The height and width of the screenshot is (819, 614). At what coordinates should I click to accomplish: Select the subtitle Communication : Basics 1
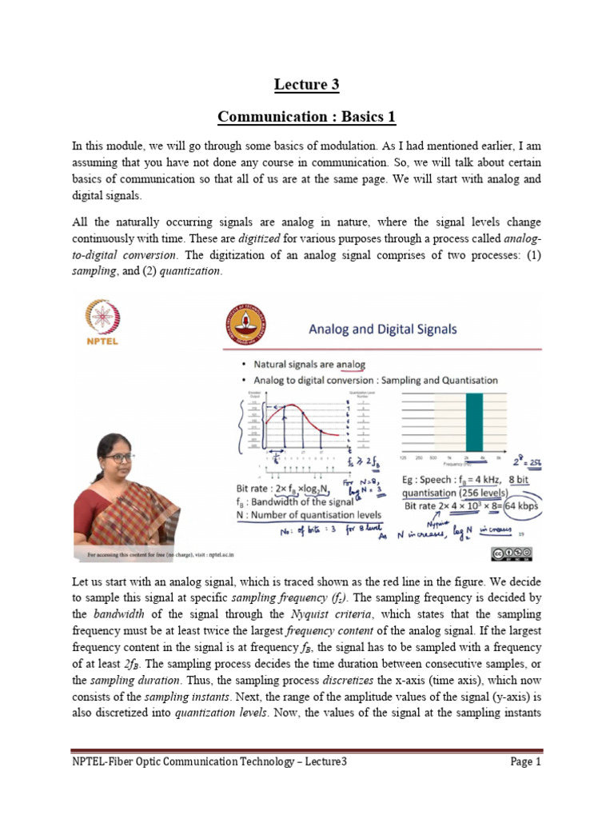pyautogui.click(x=306, y=118)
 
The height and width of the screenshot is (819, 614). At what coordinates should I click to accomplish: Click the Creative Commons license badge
pyautogui.click(x=511, y=553)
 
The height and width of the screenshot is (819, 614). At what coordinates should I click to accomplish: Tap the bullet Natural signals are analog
pyautogui.click(x=309, y=365)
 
